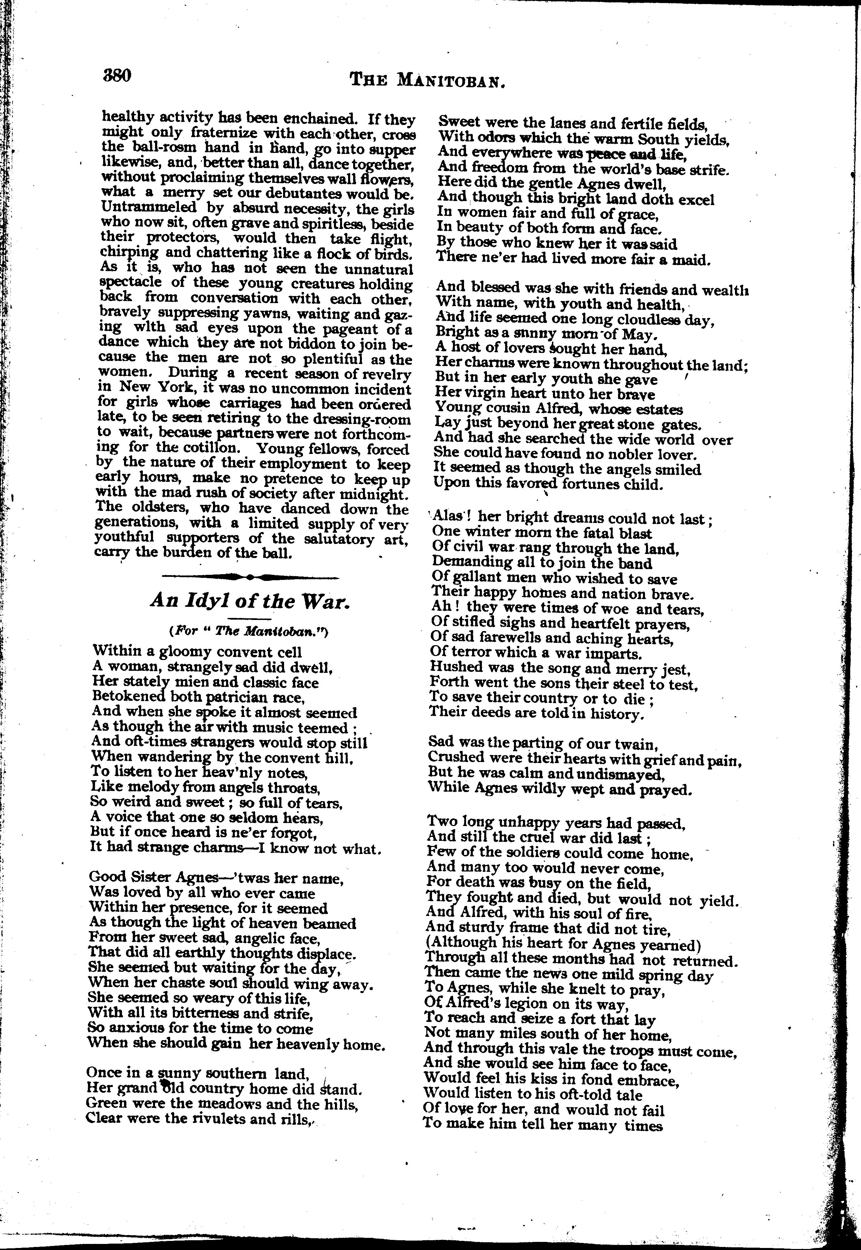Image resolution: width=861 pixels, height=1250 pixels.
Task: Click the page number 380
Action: tap(117, 74)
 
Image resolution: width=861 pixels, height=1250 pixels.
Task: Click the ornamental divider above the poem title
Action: tap(250, 577)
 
